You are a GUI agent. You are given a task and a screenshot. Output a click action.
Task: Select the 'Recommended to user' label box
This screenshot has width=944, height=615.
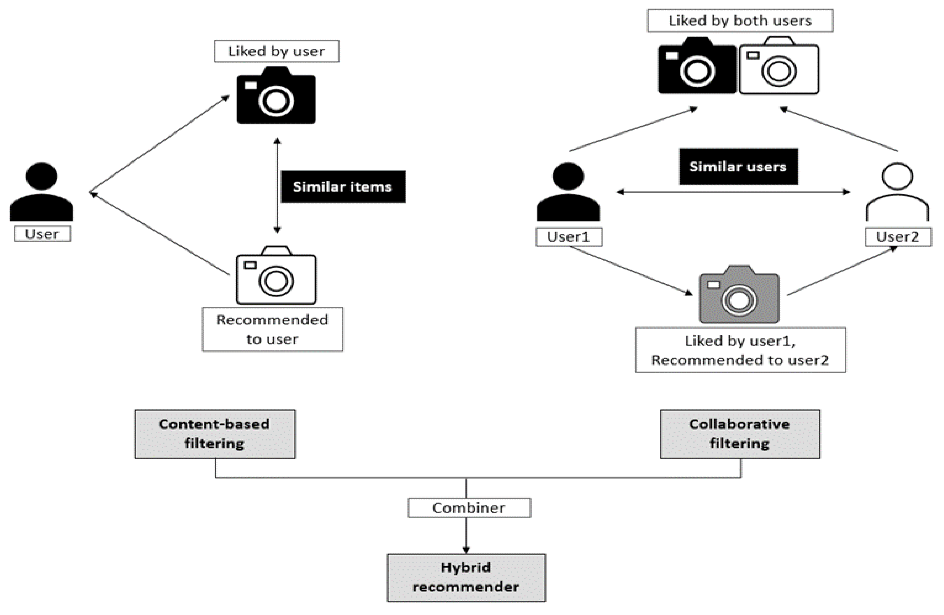272,329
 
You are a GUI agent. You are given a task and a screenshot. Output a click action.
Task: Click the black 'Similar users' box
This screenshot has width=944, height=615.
738,166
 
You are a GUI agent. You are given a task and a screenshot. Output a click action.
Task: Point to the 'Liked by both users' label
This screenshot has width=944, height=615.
740,21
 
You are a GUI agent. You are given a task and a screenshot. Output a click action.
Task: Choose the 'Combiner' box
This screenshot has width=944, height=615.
469,508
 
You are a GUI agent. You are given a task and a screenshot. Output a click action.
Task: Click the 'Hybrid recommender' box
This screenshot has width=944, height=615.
466,577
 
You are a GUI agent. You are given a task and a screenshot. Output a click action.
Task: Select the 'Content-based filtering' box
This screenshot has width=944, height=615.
215,434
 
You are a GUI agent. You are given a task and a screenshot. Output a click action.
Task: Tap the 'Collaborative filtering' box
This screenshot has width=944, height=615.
740,434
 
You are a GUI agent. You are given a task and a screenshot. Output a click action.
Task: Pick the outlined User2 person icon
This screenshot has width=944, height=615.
897,192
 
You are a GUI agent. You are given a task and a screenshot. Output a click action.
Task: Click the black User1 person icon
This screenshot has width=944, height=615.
568,192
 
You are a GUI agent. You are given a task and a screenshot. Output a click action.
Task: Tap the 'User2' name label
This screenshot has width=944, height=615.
898,237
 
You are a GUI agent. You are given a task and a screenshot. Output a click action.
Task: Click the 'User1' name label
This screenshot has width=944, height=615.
569,237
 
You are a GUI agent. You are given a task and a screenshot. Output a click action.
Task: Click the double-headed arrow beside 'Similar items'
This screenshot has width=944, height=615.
277,185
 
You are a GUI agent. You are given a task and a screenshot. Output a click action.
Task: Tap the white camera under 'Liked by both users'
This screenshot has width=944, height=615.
779,67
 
